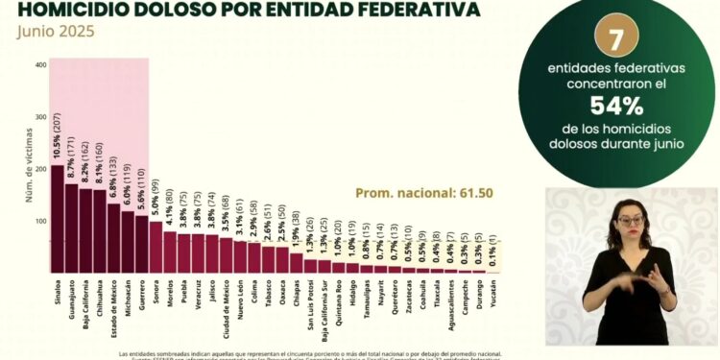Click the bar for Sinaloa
(x=58, y=220)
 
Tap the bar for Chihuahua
(x=100, y=231)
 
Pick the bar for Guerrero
(x=142, y=245)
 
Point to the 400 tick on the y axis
(x=40, y=64)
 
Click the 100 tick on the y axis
(x=40, y=222)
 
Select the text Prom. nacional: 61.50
(x=423, y=193)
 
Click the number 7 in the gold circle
(x=616, y=40)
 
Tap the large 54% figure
(x=615, y=105)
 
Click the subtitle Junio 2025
(x=56, y=32)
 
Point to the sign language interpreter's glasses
(x=630, y=222)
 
